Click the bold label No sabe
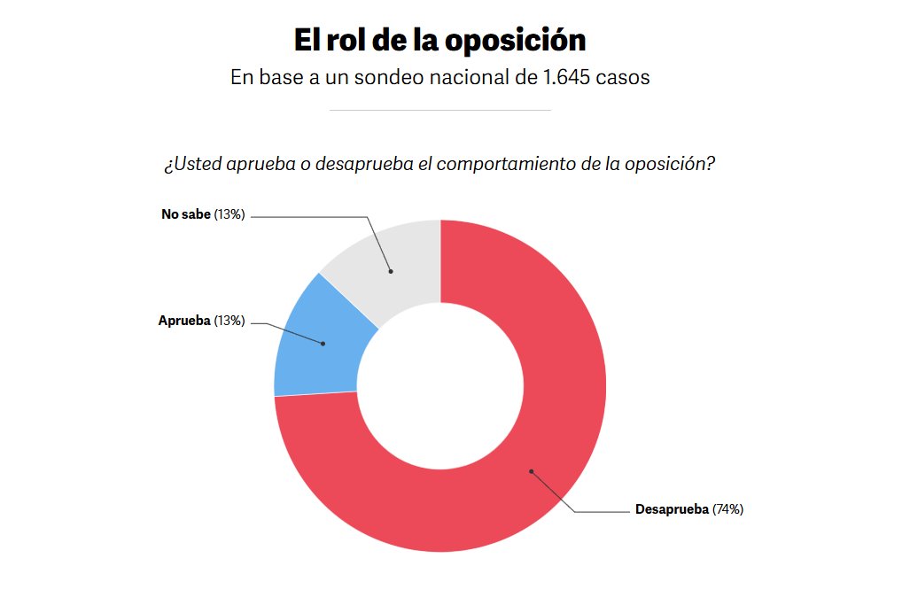[186, 214]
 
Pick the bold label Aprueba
[184, 321]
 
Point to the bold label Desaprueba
[672, 509]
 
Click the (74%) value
[727, 509]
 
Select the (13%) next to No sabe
[229, 214]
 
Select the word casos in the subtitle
[623, 77]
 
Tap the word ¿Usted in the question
[192, 165]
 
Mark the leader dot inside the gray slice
[390, 271]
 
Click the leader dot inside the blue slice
[323, 344]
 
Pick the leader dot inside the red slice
[531, 471]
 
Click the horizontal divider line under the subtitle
[439, 110]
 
